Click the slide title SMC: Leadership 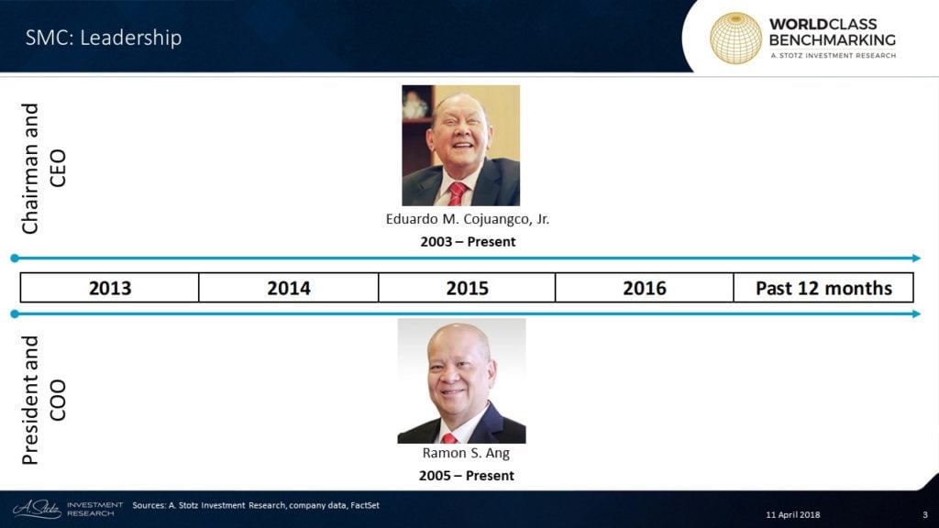(x=103, y=38)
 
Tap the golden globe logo (x=735, y=38)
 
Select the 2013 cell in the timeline (x=110, y=288)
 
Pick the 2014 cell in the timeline (x=289, y=288)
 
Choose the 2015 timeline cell (x=467, y=288)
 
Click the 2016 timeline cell (x=645, y=288)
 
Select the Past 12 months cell (x=823, y=288)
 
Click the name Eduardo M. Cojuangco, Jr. (x=467, y=219)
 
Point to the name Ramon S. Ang (x=466, y=453)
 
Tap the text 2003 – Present (x=468, y=242)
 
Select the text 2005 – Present (x=467, y=476)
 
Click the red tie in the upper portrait (x=458, y=193)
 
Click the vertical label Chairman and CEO (x=43, y=169)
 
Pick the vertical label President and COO (x=43, y=401)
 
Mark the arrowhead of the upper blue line (x=917, y=258)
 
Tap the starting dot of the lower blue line (x=15, y=313)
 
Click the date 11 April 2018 (x=793, y=515)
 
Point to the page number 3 (x=925, y=515)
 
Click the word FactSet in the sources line (x=365, y=505)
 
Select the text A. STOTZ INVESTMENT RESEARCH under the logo (x=833, y=56)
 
